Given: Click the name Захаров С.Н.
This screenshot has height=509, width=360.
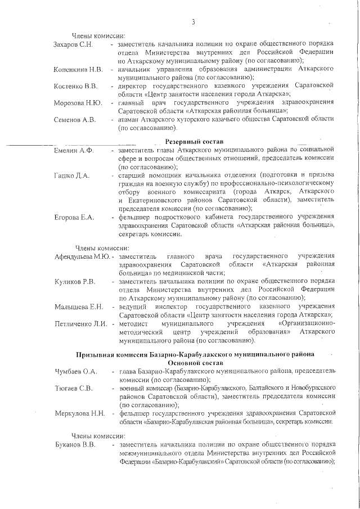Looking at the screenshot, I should coord(74,44).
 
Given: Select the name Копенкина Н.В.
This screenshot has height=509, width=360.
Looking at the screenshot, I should coord(78,69).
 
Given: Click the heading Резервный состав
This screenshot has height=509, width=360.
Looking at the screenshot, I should coord(195,141).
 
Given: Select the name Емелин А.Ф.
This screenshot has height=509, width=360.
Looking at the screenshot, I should coord(74,150).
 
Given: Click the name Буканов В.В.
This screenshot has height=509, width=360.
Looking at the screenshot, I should coord(75,445).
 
